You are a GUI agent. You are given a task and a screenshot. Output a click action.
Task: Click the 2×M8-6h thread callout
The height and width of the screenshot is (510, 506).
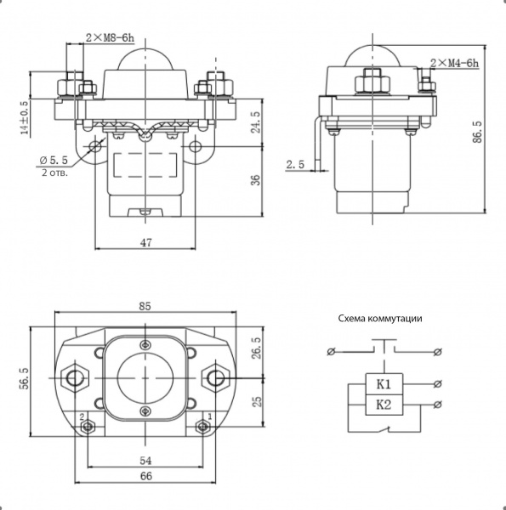(x=110, y=38)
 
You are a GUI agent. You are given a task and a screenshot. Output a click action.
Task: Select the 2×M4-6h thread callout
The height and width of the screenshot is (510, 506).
(x=455, y=63)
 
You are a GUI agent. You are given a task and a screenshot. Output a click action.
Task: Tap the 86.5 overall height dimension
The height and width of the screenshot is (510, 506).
(x=477, y=132)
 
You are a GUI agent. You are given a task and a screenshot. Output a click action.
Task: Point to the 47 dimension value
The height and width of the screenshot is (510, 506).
(x=145, y=242)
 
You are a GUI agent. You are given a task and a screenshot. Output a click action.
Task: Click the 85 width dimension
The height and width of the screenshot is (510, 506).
(x=145, y=306)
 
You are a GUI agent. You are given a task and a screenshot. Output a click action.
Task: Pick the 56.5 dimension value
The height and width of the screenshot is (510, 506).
(x=25, y=378)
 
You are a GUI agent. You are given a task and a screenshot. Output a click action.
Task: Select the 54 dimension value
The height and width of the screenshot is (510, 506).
(x=145, y=461)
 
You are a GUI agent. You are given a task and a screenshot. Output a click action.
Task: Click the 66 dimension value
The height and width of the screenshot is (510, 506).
(x=145, y=476)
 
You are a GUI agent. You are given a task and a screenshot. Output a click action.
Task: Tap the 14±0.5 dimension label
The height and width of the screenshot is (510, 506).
(x=25, y=118)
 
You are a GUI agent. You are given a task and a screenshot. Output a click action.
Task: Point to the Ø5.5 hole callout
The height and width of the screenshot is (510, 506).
(x=54, y=160)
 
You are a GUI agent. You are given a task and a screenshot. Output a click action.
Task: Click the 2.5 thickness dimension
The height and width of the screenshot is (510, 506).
(x=295, y=165)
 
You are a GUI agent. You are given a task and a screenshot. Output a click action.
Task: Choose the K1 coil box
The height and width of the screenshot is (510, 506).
(x=384, y=384)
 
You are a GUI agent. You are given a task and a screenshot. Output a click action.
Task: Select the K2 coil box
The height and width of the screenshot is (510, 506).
(x=384, y=405)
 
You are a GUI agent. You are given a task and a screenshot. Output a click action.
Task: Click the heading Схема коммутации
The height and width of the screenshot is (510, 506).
(x=380, y=318)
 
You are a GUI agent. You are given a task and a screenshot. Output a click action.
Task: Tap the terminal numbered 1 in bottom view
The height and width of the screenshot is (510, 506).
(x=202, y=427)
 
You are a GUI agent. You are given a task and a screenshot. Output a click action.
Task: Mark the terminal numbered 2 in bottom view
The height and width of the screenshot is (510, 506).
(x=88, y=427)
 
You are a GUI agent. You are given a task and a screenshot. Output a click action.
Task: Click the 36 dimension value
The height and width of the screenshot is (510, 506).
(x=257, y=180)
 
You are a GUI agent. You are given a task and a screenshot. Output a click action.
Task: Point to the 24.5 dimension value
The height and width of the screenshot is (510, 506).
(x=257, y=122)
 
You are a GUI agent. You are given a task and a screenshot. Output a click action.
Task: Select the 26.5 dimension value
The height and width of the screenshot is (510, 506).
(x=257, y=348)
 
